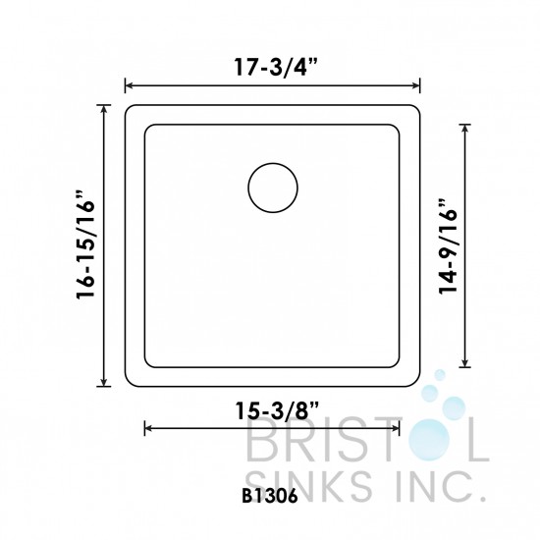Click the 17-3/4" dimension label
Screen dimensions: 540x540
coord(273,70)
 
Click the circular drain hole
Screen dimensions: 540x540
coord(271,189)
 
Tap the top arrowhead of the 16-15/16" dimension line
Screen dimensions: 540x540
coord(104,105)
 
